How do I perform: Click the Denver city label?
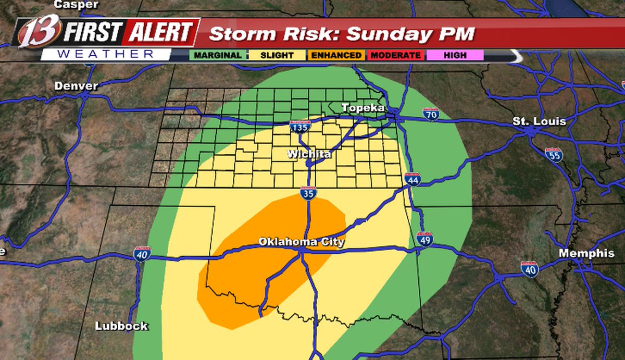pos(76,86)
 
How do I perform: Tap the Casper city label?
pos(76,5)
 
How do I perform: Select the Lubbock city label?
pos(121,327)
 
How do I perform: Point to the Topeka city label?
pos(363,108)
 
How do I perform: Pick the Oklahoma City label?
pos(302,242)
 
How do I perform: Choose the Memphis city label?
pos(586,253)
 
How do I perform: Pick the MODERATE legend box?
pos(396,55)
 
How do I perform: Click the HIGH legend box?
pos(455,55)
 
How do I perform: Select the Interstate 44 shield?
pos(413,179)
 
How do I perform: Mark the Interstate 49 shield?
pos(425,239)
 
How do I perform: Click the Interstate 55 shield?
pos(554,155)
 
